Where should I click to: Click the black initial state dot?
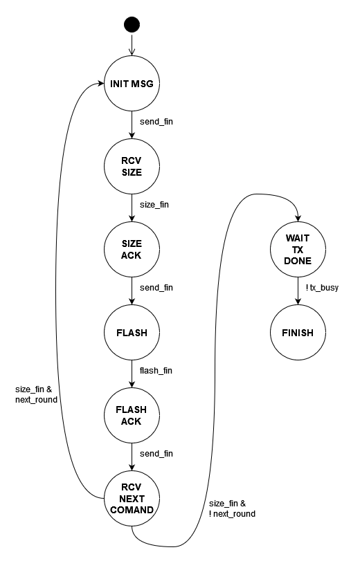coord(132,25)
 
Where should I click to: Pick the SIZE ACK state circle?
coord(132,249)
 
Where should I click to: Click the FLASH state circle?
coord(132,333)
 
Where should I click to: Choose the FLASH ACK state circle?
coord(132,415)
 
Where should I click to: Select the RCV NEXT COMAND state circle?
coord(132,498)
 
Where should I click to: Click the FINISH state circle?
coord(298,333)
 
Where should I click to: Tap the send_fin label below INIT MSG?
coord(156,122)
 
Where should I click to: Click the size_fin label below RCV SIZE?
coord(154,205)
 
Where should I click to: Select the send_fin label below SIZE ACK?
coord(156,288)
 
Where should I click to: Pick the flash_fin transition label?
coord(156,371)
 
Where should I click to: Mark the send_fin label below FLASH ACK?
coord(156,454)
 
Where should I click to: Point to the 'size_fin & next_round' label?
coord(36,394)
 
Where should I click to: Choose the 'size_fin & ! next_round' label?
coord(232,508)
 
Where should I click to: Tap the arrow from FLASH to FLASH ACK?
coord(132,374)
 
